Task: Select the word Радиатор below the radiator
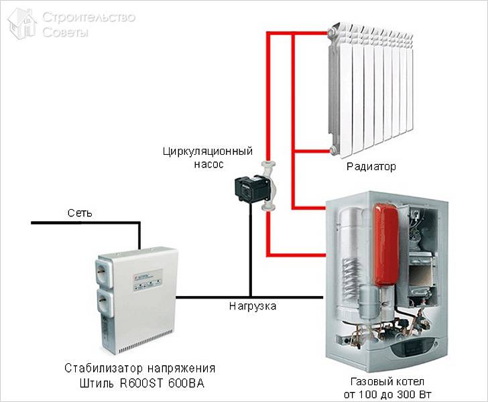(x=371, y=165)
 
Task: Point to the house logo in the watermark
(x=22, y=23)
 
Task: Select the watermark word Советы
(x=65, y=31)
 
